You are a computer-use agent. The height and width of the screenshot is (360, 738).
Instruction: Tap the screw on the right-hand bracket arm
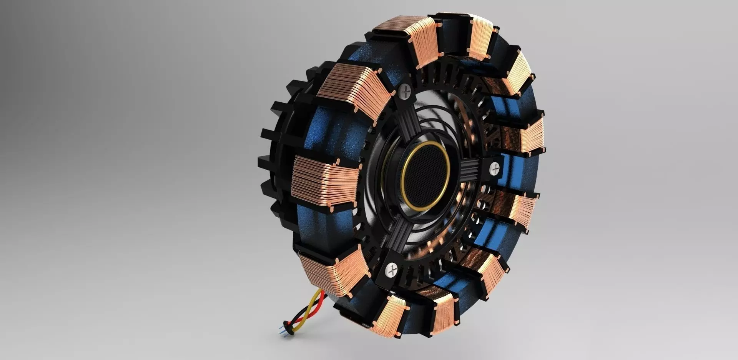pos(495,168)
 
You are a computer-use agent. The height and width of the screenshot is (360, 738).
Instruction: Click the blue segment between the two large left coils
pos(331,127)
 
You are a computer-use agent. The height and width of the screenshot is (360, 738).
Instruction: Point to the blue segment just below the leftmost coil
pos(311,227)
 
